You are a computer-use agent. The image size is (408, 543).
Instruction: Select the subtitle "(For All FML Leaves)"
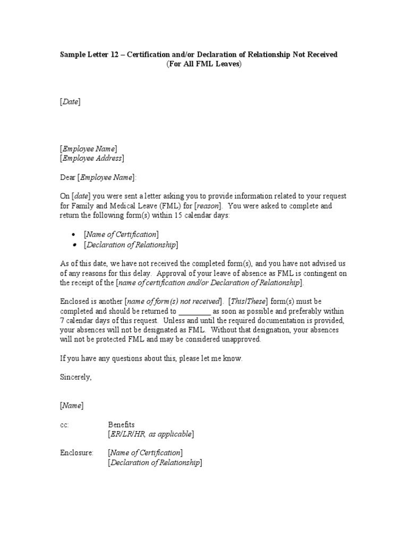pos(204,64)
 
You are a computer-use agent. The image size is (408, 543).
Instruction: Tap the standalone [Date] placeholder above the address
pos(70,102)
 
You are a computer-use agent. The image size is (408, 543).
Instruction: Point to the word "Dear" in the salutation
pos(67,177)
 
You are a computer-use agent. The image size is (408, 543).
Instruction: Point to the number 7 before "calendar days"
pos(62,321)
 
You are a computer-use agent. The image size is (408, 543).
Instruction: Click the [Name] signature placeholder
pos(71,406)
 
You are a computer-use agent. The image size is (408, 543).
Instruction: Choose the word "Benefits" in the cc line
pos(121,425)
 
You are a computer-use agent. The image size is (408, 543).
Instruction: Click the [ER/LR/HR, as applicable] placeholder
pos(151,434)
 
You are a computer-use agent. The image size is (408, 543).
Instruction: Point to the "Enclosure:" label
pos(76,453)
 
